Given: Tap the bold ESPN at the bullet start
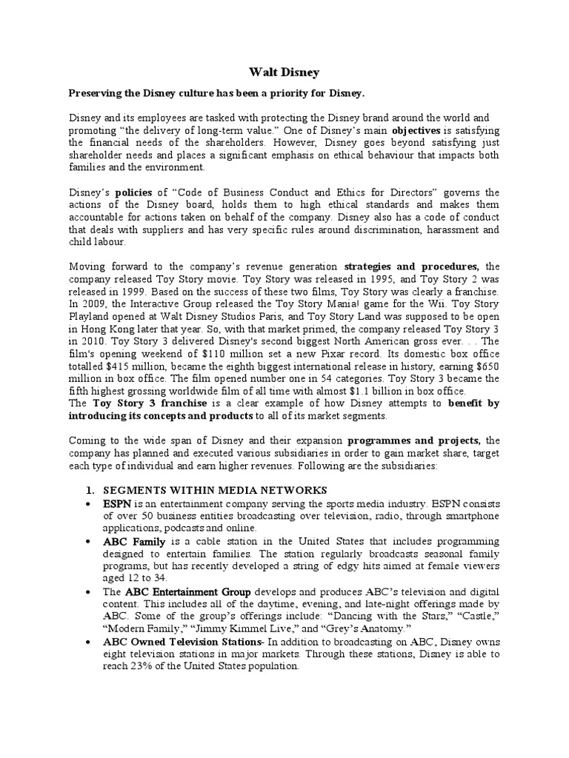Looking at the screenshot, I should click(117, 503).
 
